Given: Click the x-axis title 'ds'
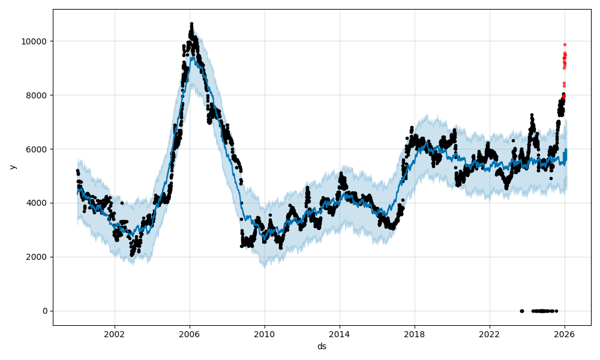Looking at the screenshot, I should [x=322, y=346].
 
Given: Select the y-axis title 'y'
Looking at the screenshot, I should [x=11, y=167].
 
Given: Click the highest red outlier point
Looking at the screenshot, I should [x=565, y=44].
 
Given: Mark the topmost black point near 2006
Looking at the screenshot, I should [x=191, y=24].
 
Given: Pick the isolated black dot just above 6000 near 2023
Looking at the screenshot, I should [x=513, y=140].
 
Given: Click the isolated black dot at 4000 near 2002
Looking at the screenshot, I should [x=122, y=203].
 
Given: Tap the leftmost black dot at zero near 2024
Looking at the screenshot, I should [x=521, y=311].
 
